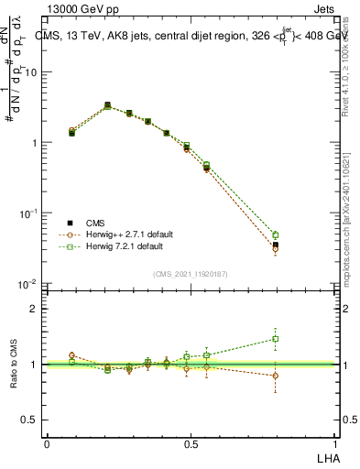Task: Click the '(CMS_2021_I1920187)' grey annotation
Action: click(x=191, y=273)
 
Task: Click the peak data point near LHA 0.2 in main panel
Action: click(x=107, y=105)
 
